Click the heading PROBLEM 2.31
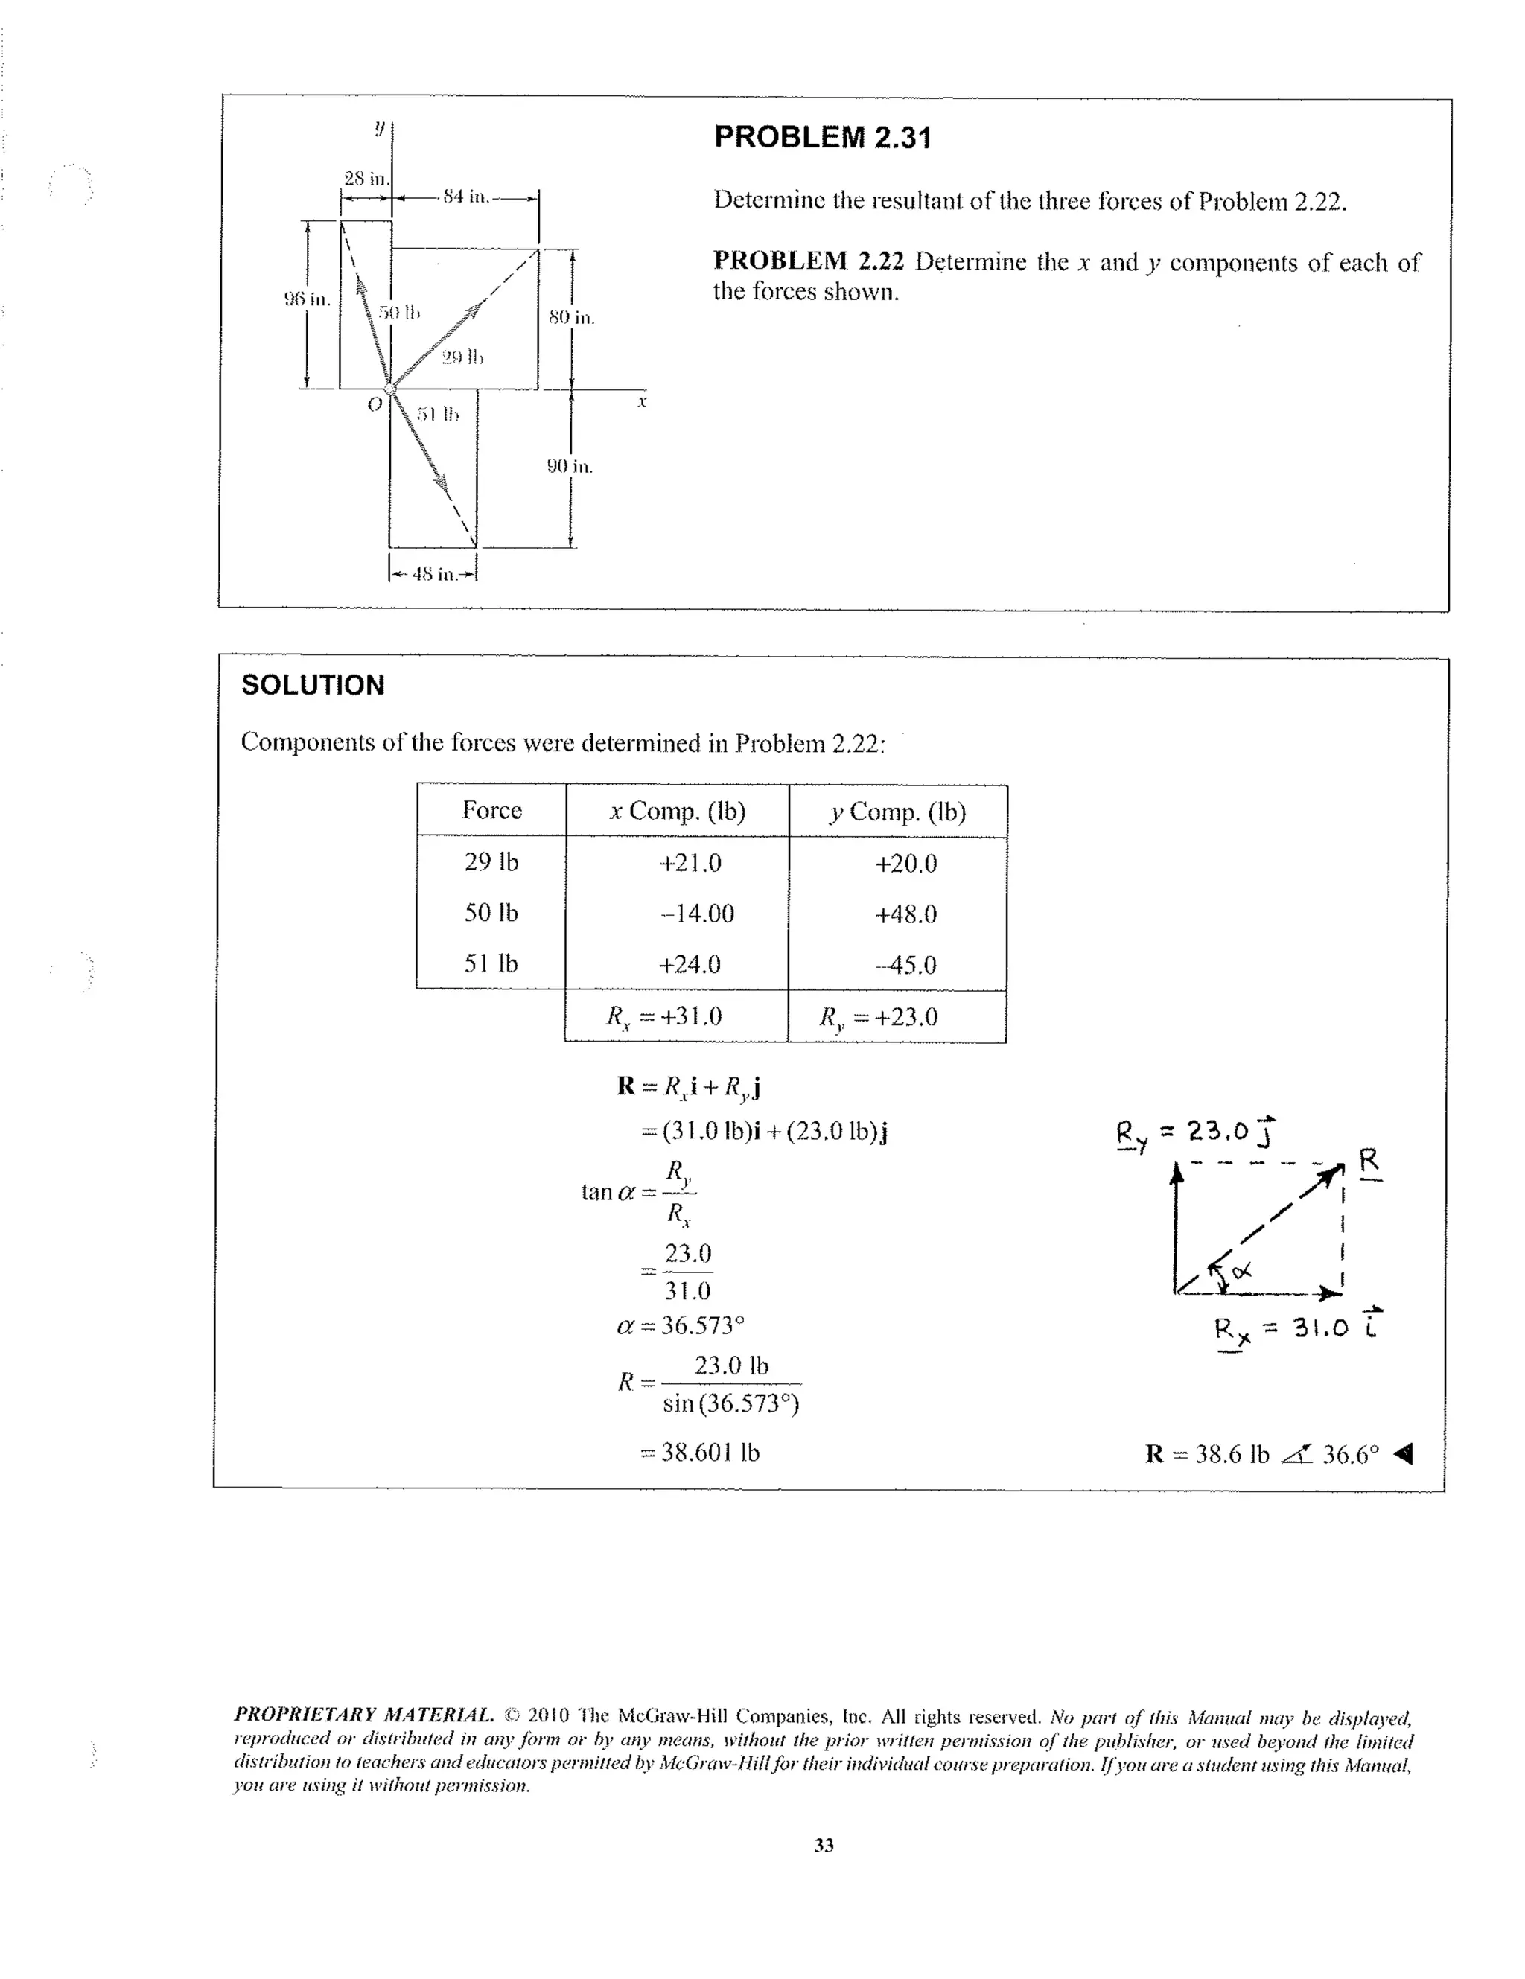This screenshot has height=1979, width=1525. (x=822, y=138)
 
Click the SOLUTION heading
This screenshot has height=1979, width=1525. (x=313, y=685)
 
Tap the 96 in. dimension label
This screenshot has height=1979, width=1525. (x=308, y=298)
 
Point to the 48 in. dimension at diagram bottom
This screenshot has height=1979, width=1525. (x=433, y=573)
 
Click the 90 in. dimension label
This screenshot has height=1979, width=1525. (x=569, y=467)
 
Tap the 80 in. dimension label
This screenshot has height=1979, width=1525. (x=571, y=317)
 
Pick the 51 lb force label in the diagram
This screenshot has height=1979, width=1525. (x=438, y=415)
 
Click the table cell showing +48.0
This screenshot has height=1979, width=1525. (x=905, y=914)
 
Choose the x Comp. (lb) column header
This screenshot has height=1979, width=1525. (x=677, y=811)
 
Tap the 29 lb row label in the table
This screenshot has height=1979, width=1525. (x=491, y=861)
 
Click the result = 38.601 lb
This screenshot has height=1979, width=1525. (x=699, y=1453)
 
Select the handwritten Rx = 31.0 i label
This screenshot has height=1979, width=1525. (x=1296, y=1328)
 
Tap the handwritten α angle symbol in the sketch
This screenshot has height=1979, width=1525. (x=1241, y=1271)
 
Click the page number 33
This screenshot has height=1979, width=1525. (x=824, y=1846)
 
